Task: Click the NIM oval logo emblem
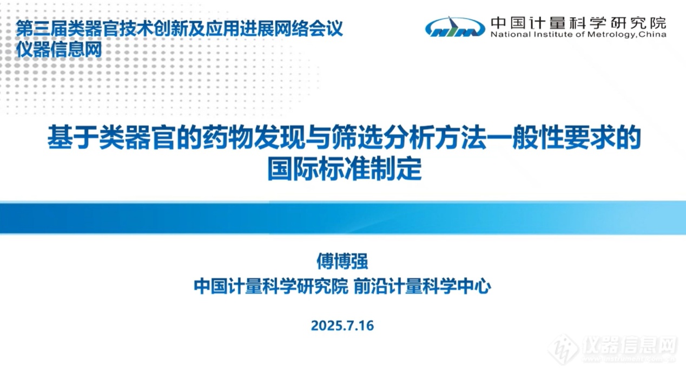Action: pos(455,27)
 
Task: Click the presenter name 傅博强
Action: pos(342,261)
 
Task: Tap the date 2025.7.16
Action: pos(342,325)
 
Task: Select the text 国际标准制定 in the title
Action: pos(345,168)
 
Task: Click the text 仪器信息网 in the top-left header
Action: pos(59,49)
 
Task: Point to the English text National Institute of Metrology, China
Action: pos(578,34)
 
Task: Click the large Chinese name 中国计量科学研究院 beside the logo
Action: pos(578,23)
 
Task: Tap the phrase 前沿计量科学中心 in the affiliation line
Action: pos(423,286)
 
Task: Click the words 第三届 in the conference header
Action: pos(42,28)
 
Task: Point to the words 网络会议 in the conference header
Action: pos(308,28)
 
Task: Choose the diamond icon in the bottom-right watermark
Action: pos(563,349)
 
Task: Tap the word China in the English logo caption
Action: pos(652,34)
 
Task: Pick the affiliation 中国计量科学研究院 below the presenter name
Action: pos(271,286)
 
